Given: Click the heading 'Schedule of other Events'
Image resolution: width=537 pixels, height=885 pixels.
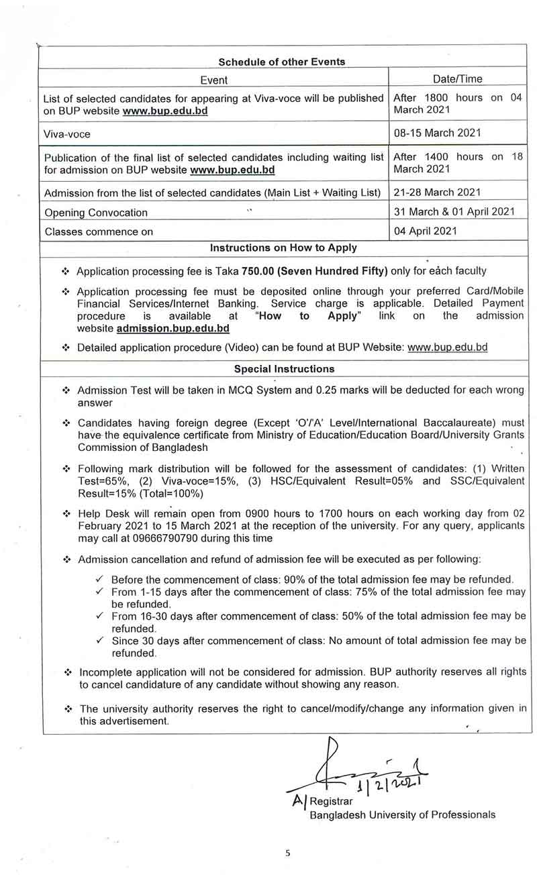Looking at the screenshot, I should point(282,62).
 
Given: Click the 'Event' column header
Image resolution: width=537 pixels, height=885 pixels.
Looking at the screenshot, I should point(214,80).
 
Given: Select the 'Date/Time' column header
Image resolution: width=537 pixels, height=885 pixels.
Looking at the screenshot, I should point(458,79).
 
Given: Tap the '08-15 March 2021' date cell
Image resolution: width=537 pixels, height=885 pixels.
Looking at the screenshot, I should point(437,133).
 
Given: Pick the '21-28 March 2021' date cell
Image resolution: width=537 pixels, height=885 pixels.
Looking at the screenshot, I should point(437,193).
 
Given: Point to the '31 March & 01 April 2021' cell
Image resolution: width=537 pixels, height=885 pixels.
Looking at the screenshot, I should point(454,211).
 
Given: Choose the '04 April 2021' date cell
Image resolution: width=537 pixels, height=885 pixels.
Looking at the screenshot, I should point(426,231).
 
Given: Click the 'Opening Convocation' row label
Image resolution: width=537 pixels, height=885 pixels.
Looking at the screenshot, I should point(96,213).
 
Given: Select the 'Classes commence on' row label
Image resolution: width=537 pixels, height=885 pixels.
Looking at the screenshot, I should point(99,232).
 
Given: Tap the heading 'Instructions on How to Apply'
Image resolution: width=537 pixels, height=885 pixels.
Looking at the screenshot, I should point(283,248).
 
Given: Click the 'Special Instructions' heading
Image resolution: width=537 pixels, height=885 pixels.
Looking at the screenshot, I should point(284,369).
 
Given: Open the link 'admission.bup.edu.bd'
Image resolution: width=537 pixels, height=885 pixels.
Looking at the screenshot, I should point(173,329).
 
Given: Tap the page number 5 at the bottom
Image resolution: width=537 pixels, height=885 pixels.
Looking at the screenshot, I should point(288,853).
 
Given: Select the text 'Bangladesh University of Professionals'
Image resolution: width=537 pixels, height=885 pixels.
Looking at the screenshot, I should point(403,815).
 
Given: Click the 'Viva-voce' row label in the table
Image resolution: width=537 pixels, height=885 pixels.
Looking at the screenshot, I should point(68,134).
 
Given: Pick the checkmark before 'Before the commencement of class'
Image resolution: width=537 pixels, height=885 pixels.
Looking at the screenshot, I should point(99,578).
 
